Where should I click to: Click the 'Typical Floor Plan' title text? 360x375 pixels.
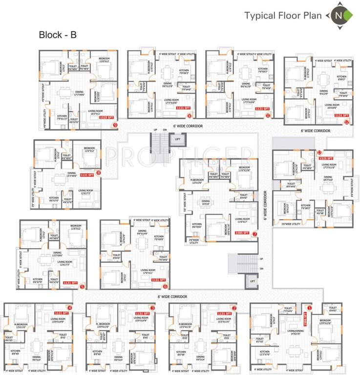coord(283,16)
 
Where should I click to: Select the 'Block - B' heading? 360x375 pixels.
coord(57,35)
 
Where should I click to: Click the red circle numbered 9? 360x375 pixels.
coord(115,125)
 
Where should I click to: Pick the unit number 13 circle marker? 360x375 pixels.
coord(319,152)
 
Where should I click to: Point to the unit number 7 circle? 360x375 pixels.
coord(255,233)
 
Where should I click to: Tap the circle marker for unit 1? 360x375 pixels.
coord(308,308)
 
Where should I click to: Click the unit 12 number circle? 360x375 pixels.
coord(346,122)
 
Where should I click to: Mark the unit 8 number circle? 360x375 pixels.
coord(99,172)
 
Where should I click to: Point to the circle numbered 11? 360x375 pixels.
coord(268,116)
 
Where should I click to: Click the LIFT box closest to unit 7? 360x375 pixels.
coord(253,282)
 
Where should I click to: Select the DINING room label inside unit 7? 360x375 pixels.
coord(205,202)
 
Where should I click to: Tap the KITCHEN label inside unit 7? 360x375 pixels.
coord(197,225)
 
